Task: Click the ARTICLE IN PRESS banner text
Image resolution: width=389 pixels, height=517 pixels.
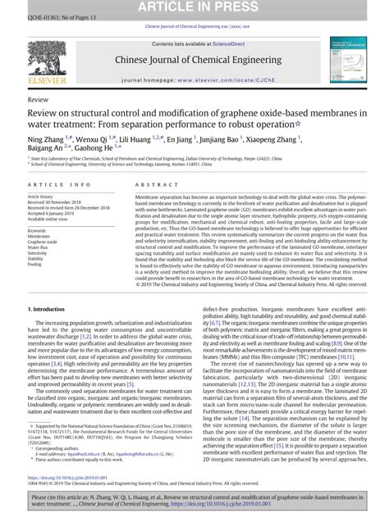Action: pos(194,7)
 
